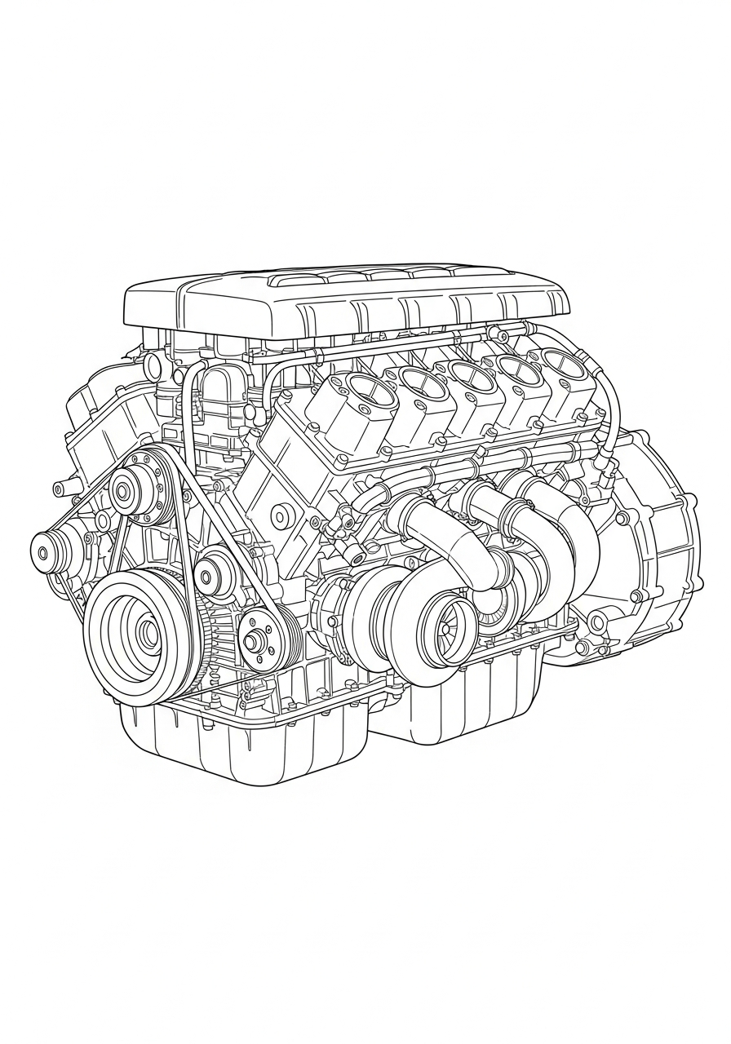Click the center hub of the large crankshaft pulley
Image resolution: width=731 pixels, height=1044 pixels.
tap(148, 632)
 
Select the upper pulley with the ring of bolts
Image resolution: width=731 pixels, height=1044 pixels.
tap(124, 492)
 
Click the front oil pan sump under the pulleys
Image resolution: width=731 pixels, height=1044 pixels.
tap(237, 742)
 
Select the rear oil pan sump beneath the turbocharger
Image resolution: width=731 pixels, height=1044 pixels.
tap(457, 710)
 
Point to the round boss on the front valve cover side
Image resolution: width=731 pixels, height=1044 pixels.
tap(282, 515)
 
